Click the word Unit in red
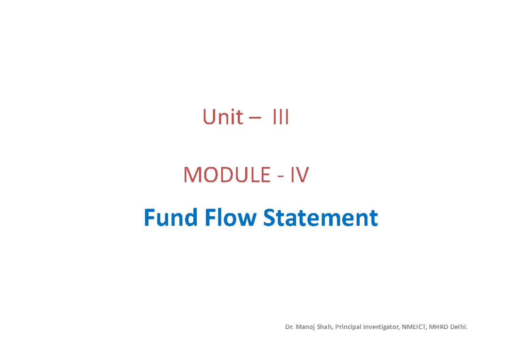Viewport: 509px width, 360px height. pos(223,117)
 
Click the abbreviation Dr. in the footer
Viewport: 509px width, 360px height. pos(289,327)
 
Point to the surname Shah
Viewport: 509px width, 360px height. pos(324,327)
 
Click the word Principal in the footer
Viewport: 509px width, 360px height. pos(348,327)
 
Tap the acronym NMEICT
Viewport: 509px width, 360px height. pos(414,327)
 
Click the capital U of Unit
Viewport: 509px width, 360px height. pos(209,117)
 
